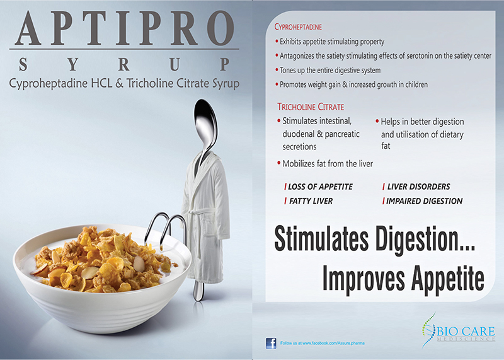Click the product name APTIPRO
[124, 28]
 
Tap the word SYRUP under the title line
[124, 64]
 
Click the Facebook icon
[271, 343]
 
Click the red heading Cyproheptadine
[298, 27]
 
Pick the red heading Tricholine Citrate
[311, 107]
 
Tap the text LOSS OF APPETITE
[320, 187]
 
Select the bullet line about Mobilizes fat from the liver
[325, 164]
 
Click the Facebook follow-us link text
[323, 343]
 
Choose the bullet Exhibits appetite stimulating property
[329, 42]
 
